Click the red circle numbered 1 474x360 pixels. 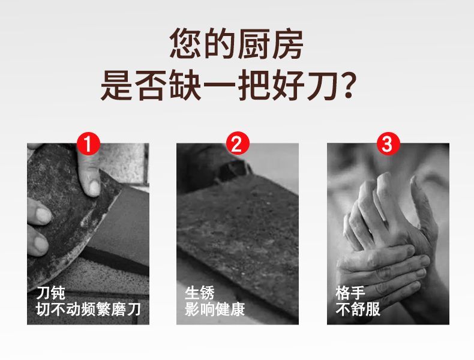pos(88,143)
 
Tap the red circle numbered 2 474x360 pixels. pos(238,143)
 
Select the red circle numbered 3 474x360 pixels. pos(388,143)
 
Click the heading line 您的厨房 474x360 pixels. pos(236,44)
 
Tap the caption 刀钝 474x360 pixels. pos(51,292)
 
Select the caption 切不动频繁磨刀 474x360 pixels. pos(89,309)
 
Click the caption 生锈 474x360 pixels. pos(200,292)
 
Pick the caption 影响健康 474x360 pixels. pos(215,309)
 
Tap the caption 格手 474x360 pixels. pos(350,292)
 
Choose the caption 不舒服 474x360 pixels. pos(358,309)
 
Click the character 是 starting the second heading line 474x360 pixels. pos(116,85)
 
